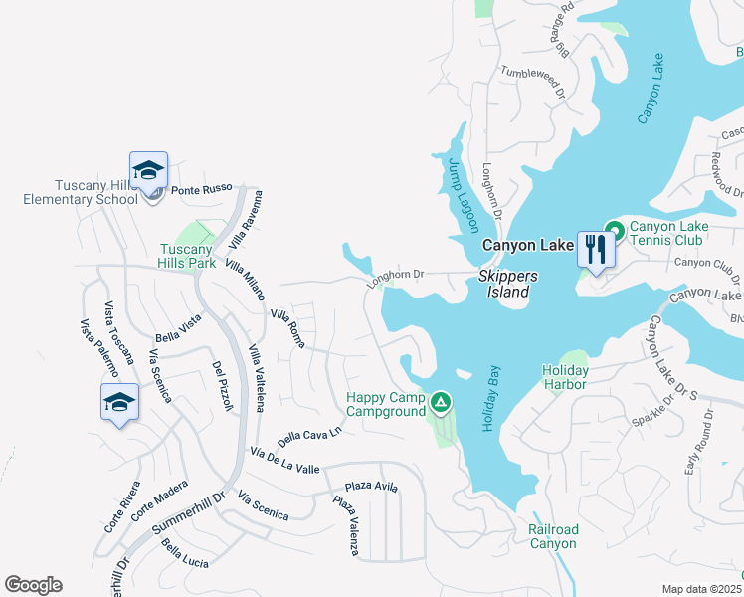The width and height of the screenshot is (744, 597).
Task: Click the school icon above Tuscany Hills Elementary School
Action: coord(148,172)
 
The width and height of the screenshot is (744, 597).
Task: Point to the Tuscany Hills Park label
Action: coord(187,257)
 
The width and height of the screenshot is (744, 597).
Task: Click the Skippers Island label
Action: coord(507,284)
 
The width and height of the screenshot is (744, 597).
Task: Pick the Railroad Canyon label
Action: coord(553,536)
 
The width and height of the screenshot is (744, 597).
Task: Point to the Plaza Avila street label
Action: coord(371,487)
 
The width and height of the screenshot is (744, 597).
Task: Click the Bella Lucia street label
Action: coord(185,556)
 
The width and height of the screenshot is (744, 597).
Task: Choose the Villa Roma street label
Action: coord(286,326)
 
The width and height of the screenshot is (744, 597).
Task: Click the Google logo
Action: coord(33,585)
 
